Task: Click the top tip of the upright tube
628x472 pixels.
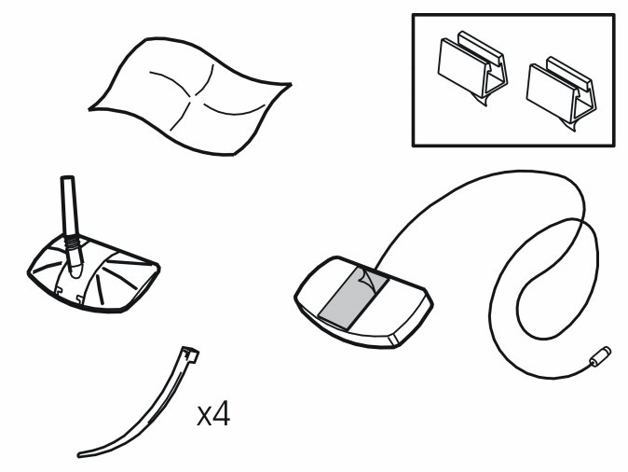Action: click(66, 180)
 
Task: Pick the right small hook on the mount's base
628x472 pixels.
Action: click(94, 299)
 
